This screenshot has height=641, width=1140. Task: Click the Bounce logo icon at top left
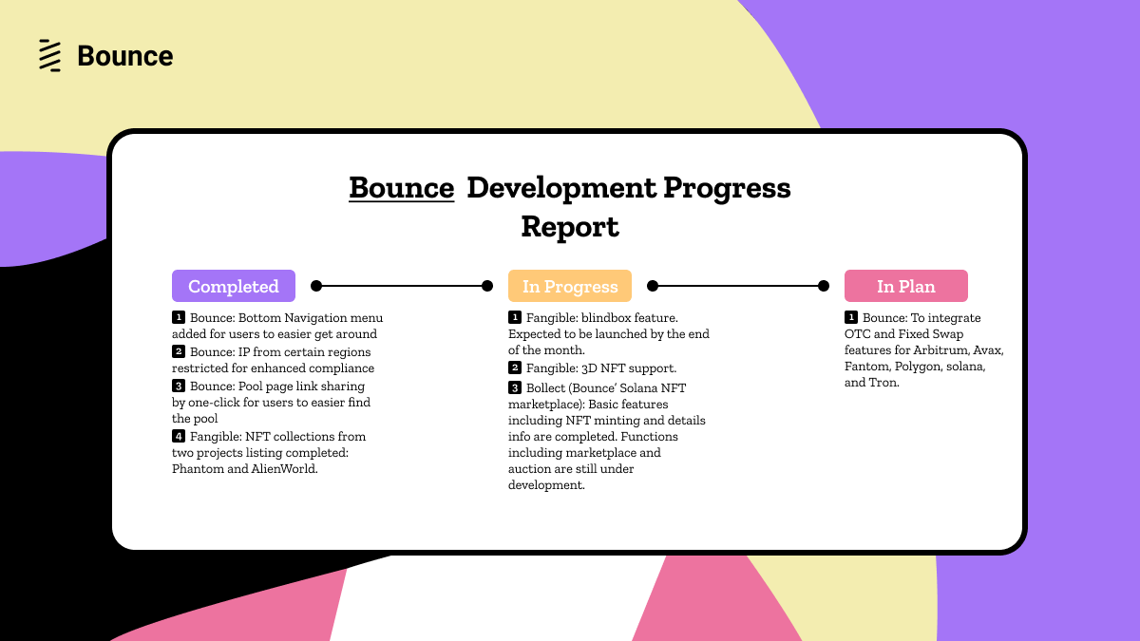coord(49,56)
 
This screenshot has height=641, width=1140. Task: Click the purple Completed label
coord(234,286)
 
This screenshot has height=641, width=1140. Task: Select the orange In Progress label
coord(570,286)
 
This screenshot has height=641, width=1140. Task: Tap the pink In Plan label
coord(906,286)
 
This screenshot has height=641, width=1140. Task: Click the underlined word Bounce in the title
coord(401,188)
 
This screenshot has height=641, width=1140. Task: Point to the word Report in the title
coord(570,227)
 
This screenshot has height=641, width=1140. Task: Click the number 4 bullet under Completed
coord(179,436)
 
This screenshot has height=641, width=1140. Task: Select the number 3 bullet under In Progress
coord(515,387)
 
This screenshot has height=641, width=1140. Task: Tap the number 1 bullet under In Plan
coord(851,317)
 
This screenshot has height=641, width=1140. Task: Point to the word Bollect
coord(549,387)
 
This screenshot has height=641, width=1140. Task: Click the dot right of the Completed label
coord(316,286)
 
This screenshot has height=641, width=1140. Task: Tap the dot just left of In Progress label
coord(487,286)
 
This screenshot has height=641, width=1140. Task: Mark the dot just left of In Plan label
coord(824,286)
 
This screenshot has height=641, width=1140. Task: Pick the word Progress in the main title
coord(727,188)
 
